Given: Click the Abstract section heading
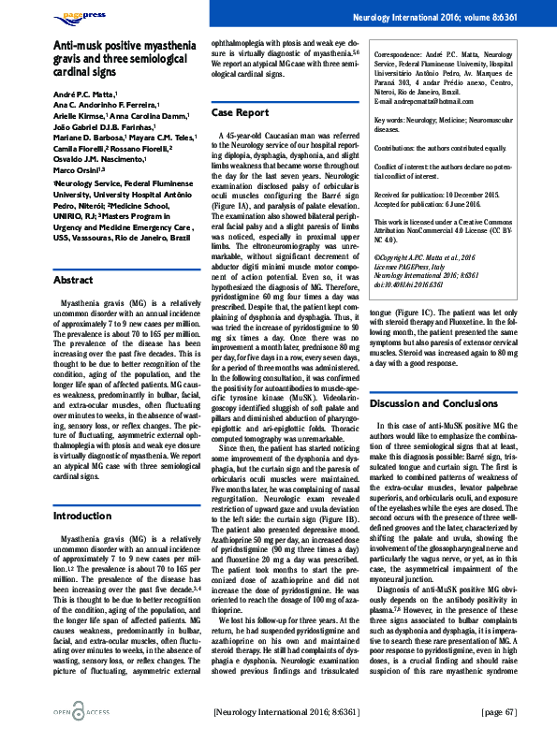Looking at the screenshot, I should [73, 255].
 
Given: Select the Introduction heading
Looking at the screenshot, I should [82, 516].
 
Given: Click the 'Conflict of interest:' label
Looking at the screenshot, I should [408, 167].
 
